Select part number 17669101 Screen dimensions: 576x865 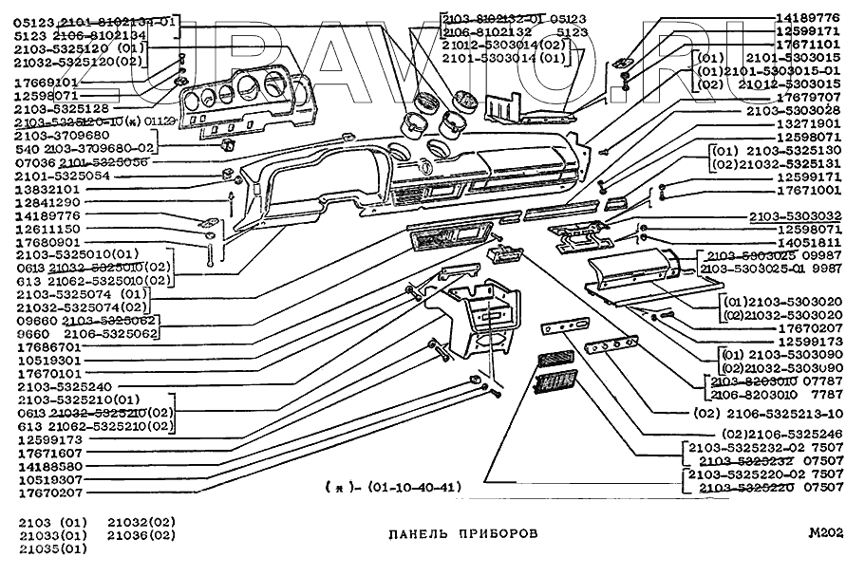click(x=47, y=83)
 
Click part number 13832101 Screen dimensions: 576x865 click(x=47, y=189)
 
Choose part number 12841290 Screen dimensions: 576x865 click(x=47, y=202)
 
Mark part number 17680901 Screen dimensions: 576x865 click(x=47, y=242)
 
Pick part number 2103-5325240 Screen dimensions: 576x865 click(x=64, y=386)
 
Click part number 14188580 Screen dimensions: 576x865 click(x=47, y=467)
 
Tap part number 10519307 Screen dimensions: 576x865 click(x=47, y=480)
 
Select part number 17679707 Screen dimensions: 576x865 click(x=808, y=98)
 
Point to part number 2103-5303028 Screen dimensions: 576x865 click(x=794, y=111)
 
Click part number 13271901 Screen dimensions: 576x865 click(x=808, y=124)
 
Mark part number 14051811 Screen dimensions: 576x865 click(x=808, y=243)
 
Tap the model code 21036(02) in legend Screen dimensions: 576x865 click(x=141, y=535)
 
